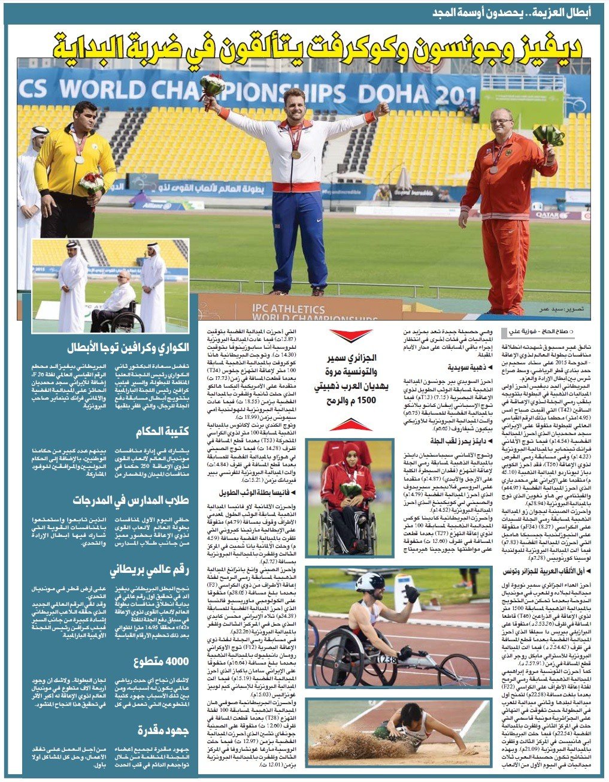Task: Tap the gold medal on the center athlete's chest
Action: (296, 155)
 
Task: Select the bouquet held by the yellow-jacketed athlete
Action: (91, 182)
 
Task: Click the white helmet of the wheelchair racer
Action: (369, 581)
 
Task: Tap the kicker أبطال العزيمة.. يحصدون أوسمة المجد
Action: (523, 14)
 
